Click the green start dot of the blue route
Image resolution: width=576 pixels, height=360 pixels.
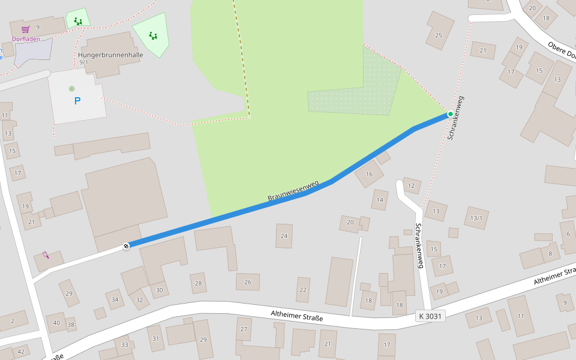(x=451, y=114)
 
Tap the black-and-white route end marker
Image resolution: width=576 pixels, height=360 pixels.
(x=126, y=245)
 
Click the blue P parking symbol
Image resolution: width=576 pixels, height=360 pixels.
(x=77, y=101)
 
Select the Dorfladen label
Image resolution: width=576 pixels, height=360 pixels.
(x=26, y=39)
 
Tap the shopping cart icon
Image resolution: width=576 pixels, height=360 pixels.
(x=25, y=29)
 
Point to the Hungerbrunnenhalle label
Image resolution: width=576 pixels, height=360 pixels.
(x=110, y=55)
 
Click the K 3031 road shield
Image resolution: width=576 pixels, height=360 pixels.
(x=430, y=316)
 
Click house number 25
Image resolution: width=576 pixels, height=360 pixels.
(x=439, y=35)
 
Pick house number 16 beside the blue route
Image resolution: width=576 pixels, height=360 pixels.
(x=369, y=175)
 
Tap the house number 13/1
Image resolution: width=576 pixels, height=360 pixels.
(x=476, y=218)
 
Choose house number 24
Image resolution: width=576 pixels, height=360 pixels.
(x=284, y=236)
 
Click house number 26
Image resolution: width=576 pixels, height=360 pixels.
(x=248, y=281)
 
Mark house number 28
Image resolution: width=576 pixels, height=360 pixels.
(x=199, y=283)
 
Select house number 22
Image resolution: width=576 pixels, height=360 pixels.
(x=303, y=290)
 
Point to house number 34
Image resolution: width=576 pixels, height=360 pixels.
(x=115, y=299)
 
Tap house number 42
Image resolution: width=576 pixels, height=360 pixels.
(x=21, y=352)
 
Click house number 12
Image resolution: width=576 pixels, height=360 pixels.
(x=411, y=186)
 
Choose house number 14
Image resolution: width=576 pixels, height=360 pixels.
(x=380, y=200)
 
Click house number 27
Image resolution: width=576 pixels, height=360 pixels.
(x=244, y=329)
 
